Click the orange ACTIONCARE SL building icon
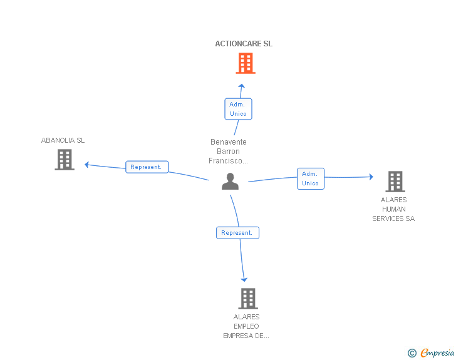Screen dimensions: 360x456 (x=246, y=63)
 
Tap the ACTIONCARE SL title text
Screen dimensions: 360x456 (x=244, y=44)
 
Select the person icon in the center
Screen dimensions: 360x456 (x=231, y=182)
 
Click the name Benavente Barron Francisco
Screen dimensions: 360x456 (x=228, y=152)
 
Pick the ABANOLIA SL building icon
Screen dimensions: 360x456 (x=65, y=160)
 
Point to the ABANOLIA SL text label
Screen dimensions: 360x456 (x=63, y=140)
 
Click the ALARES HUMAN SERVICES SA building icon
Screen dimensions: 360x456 (x=395, y=182)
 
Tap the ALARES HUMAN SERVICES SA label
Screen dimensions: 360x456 (x=393, y=210)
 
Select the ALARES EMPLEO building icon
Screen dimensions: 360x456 (x=247, y=299)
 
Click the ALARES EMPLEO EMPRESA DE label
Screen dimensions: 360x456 (x=246, y=326)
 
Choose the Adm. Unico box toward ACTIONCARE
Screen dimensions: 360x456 (x=238, y=109)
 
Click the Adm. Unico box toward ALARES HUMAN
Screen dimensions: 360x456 (x=310, y=178)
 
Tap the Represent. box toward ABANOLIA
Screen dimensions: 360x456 (x=147, y=167)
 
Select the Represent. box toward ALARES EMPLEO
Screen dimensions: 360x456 (x=237, y=233)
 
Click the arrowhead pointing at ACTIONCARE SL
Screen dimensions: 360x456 (x=241, y=86)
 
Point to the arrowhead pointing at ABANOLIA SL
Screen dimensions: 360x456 (x=88, y=165)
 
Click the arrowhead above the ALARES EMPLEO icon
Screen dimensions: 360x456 (x=244, y=279)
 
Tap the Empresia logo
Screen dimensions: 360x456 (x=437, y=353)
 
